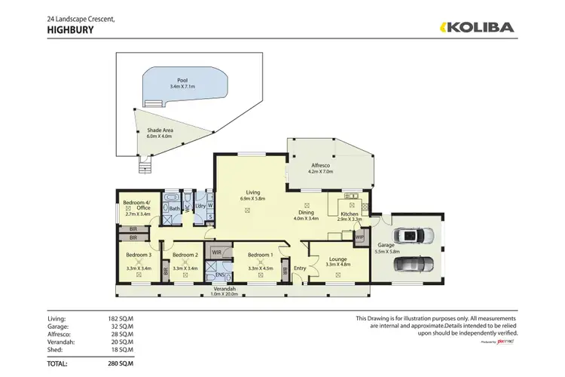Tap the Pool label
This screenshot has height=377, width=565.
(x=182, y=80)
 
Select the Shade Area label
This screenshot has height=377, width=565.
(x=160, y=131)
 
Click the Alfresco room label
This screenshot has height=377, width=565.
(x=321, y=166)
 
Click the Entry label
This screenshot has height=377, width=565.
(x=300, y=268)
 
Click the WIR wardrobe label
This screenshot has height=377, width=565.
(x=216, y=252)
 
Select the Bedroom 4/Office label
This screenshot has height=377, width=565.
(x=137, y=205)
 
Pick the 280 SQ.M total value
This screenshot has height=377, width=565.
(x=121, y=363)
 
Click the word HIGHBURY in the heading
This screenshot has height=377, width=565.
(x=70, y=31)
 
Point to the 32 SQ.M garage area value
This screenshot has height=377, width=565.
(x=121, y=326)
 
